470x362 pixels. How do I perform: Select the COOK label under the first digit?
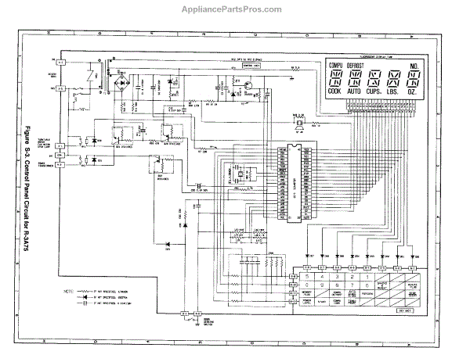coord(334,91)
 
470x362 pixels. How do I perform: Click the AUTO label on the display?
coord(356,91)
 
